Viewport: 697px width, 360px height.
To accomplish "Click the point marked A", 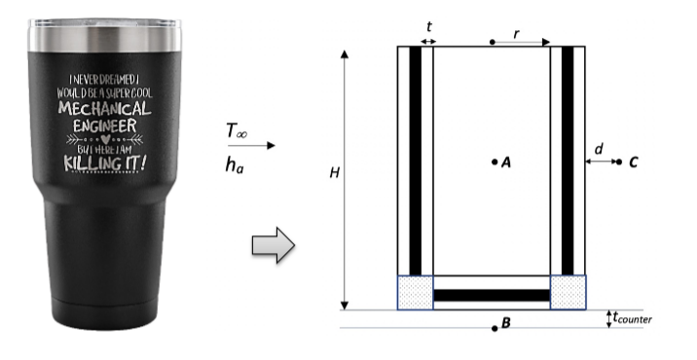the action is point(495,162).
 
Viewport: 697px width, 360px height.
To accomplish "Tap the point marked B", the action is point(495,328).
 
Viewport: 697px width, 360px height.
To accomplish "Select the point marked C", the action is point(619,162).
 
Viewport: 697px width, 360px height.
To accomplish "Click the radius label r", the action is point(516,32).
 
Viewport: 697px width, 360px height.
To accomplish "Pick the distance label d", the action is point(599,149).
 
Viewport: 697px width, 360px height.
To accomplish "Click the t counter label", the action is point(634,318).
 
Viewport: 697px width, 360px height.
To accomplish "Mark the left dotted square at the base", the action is point(416,292).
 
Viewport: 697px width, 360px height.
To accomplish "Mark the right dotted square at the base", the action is point(569,292).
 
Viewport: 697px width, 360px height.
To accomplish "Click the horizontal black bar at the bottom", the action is point(492,294).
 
